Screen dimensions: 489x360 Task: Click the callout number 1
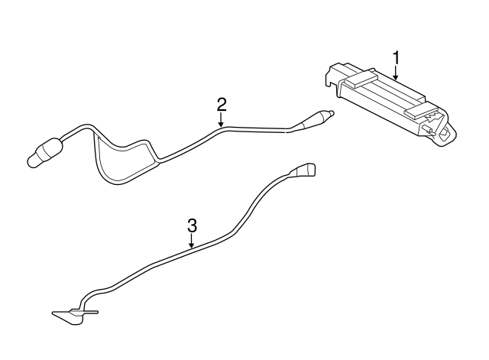point(396,58)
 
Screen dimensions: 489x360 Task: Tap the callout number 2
point(222,105)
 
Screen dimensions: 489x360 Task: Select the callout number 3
point(193,225)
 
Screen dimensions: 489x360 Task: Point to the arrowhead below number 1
point(396,76)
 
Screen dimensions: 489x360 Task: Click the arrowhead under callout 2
point(221,124)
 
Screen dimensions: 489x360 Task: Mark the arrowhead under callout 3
point(192,245)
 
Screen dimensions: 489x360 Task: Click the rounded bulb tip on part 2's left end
point(32,160)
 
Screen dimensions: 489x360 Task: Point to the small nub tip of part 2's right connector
point(332,113)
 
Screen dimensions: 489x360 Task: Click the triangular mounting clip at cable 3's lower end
point(70,316)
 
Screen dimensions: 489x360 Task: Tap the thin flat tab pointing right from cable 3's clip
point(90,312)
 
